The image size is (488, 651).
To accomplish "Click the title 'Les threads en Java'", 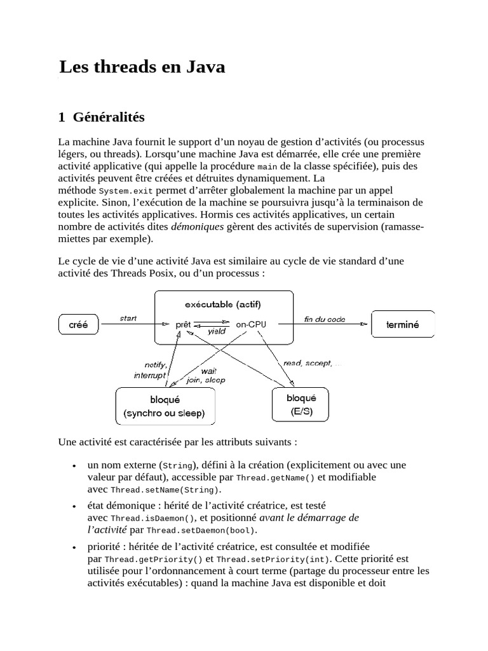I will pyautogui.click(x=142, y=67).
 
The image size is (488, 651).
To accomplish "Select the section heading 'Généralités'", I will pyautogui.click(x=109, y=117).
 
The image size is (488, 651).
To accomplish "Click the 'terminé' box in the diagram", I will pyautogui.click(x=403, y=324).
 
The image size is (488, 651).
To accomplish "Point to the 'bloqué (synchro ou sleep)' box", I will pyautogui.click(x=165, y=407).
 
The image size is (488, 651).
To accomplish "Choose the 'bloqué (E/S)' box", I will pyautogui.click(x=301, y=404).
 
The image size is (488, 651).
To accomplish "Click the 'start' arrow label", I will pyautogui.click(x=129, y=318).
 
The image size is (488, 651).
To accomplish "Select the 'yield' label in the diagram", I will pyautogui.click(x=217, y=331).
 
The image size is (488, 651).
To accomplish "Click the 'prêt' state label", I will pyautogui.click(x=183, y=324).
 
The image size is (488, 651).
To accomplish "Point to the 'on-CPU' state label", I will pyautogui.click(x=251, y=324).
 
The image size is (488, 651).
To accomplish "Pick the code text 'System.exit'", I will pyautogui.click(x=126, y=191).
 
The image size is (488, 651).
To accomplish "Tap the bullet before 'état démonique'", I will pyautogui.click(x=76, y=507).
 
